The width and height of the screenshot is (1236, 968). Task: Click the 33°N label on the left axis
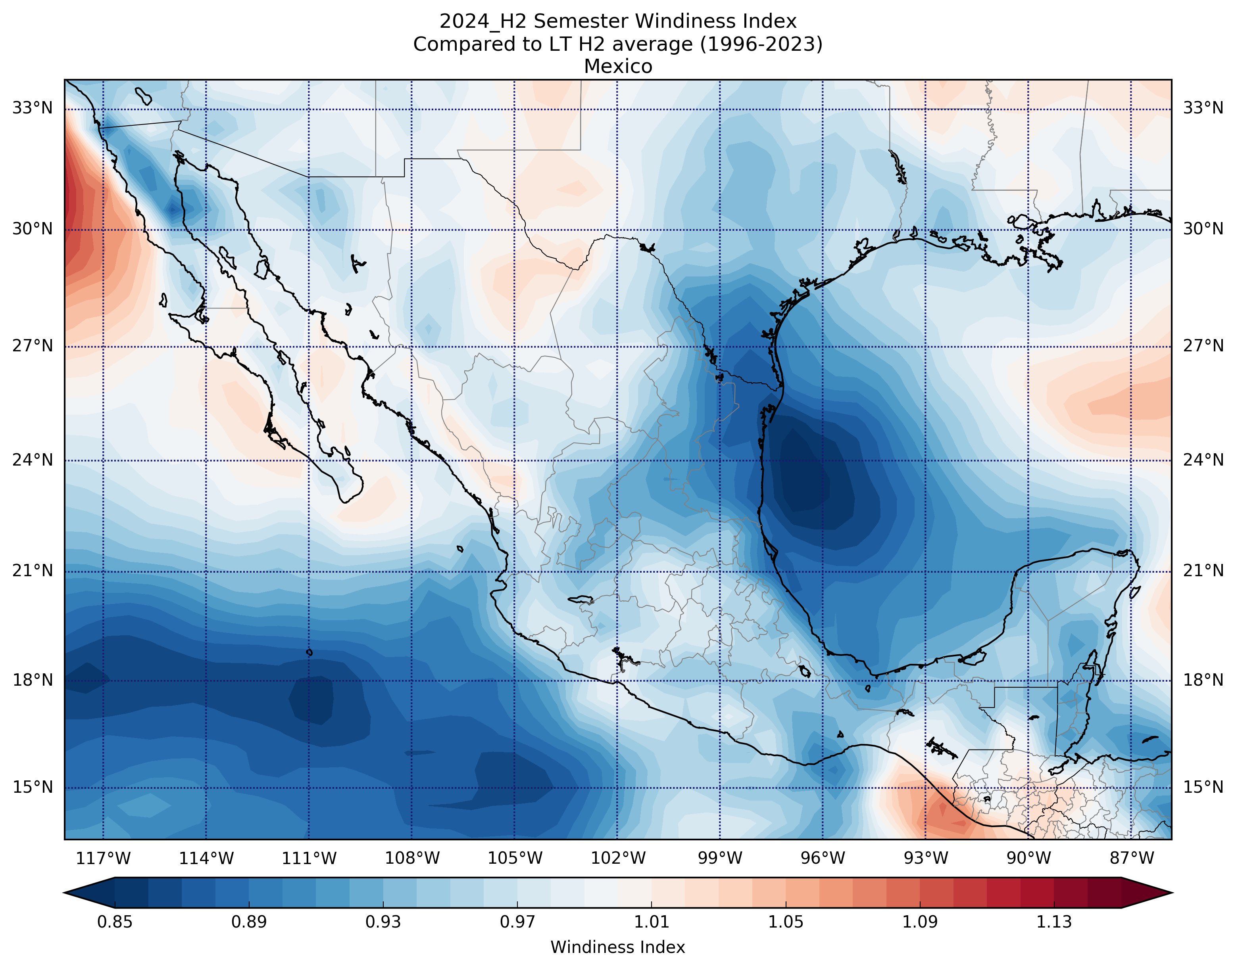32,108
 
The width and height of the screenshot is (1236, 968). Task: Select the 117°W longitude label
103,859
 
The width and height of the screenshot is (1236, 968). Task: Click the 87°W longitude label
1132,859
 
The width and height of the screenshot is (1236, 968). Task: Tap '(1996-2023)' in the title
761,44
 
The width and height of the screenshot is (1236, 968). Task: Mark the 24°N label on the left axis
32,460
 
